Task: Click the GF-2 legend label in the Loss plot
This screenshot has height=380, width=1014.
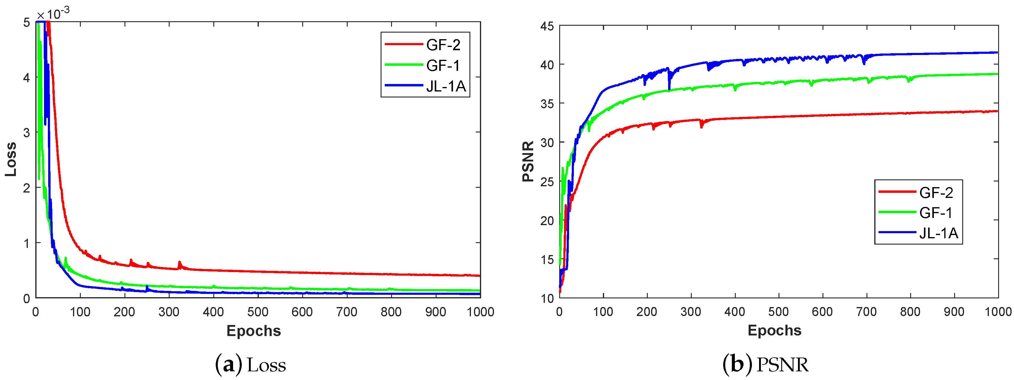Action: point(443,45)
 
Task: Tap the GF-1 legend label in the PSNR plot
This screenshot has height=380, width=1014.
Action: point(936,213)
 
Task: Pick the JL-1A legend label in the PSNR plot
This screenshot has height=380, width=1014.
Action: point(938,233)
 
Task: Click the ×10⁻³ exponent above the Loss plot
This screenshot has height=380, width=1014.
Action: point(53,14)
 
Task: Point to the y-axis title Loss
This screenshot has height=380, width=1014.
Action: point(11,159)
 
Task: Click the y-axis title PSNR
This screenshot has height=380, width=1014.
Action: point(528,161)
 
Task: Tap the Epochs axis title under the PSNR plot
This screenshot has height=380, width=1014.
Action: point(774,330)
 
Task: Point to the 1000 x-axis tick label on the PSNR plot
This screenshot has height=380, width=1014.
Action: point(998,312)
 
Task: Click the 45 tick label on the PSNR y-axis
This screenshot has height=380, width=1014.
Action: point(547,26)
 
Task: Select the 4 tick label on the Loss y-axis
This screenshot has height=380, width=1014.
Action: point(26,77)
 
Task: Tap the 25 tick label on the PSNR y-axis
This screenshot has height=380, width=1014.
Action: point(547,182)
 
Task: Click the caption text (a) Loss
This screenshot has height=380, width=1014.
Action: point(251,365)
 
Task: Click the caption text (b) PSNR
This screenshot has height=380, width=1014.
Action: point(766,365)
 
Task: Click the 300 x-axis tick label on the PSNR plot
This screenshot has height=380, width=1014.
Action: point(691,312)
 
